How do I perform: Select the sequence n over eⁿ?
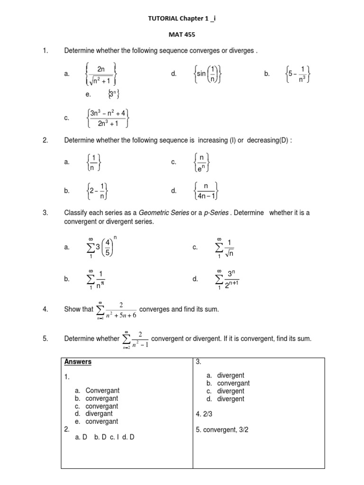click(x=202, y=162)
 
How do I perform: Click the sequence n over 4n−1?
click(x=206, y=190)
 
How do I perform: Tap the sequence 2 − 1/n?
click(x=99, y=190)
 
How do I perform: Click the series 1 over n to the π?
click(x=97, y=279)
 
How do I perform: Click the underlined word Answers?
click(x=78, y=362)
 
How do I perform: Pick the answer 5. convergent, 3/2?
click(x=225, y=430)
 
